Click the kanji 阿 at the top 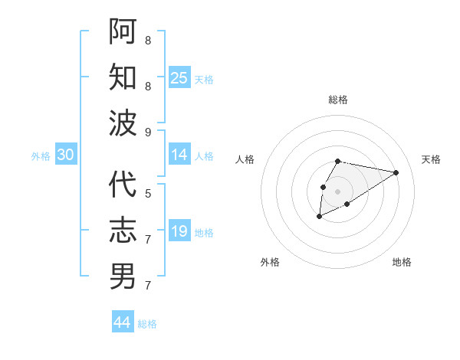[123, 31]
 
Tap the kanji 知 [123, 77]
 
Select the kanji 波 [123, 123]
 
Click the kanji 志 [123, 231]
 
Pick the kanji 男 [123, 277]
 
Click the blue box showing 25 [179, 77]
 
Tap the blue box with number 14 [179, 155]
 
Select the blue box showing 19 [179, 231]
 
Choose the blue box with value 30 [66, 155]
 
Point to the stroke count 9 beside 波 [148, 132]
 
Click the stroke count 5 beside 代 [148, 194]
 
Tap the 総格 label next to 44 [147, 324]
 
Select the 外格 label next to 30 [41, 156]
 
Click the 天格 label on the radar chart [431, 159]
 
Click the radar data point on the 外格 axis [319, 218]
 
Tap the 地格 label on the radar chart [402, 262]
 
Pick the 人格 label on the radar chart [245, 159]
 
